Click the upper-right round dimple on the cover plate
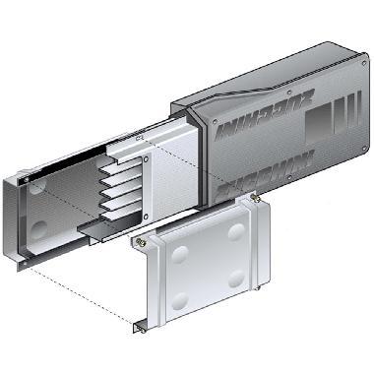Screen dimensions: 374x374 237,233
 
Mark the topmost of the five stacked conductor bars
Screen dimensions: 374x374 121,168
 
